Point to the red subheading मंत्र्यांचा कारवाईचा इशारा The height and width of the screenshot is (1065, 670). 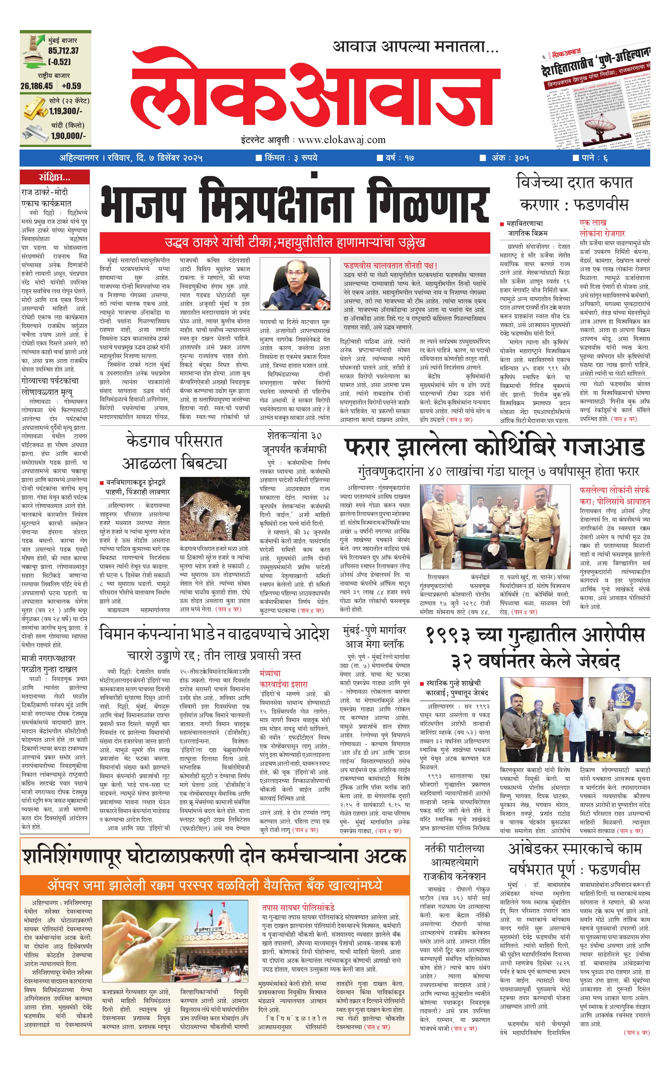pyautogui.click(x=283, y=679)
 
